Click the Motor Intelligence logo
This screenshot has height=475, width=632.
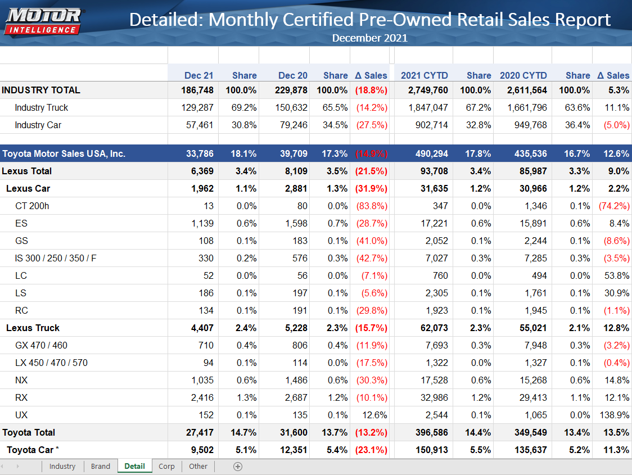[43, 21]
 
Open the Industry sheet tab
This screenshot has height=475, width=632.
[62, 466]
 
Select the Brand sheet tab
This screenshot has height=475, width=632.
[101, 466]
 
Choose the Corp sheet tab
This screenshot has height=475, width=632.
[166, 466]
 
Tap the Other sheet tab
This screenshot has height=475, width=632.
[198, 466]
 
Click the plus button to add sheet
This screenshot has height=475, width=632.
[238, 466]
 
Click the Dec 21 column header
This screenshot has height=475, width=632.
[198, 75]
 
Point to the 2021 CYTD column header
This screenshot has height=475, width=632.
[424, 75]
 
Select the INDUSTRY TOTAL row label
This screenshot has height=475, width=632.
[41, 90]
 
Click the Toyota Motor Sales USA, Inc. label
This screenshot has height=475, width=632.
[64, 153]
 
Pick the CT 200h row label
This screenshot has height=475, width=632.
[32, 206]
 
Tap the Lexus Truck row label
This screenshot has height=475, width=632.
[33, 328]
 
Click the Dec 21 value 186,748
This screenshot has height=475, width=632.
[197, 90]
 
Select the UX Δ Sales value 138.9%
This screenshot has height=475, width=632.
[612, 415]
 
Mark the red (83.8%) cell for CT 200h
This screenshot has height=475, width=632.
[372, 206]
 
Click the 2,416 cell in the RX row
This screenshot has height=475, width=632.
[202, 397]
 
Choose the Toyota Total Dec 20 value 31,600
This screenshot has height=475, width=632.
[292, 432]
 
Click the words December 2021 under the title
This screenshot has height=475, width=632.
[369, 38]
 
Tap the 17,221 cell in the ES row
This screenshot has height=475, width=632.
[434, 223]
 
